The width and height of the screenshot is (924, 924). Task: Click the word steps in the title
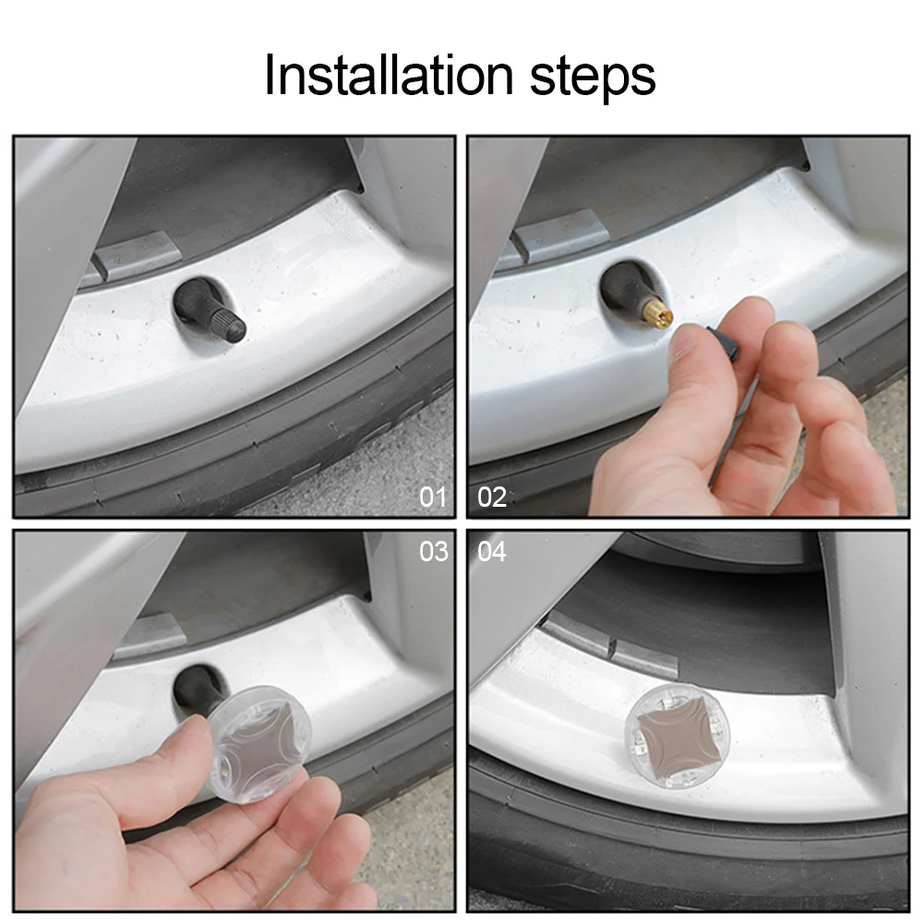[x=593, y=78]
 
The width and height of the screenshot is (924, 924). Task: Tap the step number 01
[x=433, y=498]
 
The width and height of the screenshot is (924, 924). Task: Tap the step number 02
[x=492, y=498]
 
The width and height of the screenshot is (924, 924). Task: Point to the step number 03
[x=434, y=552]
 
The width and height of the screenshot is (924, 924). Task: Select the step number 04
[x=492, y=552]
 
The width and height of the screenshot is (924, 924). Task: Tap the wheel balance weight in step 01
[x=132, y=255]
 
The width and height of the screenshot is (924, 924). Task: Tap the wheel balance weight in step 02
[x=559, y=234]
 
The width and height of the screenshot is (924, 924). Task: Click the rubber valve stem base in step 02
[x=625, y=288]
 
